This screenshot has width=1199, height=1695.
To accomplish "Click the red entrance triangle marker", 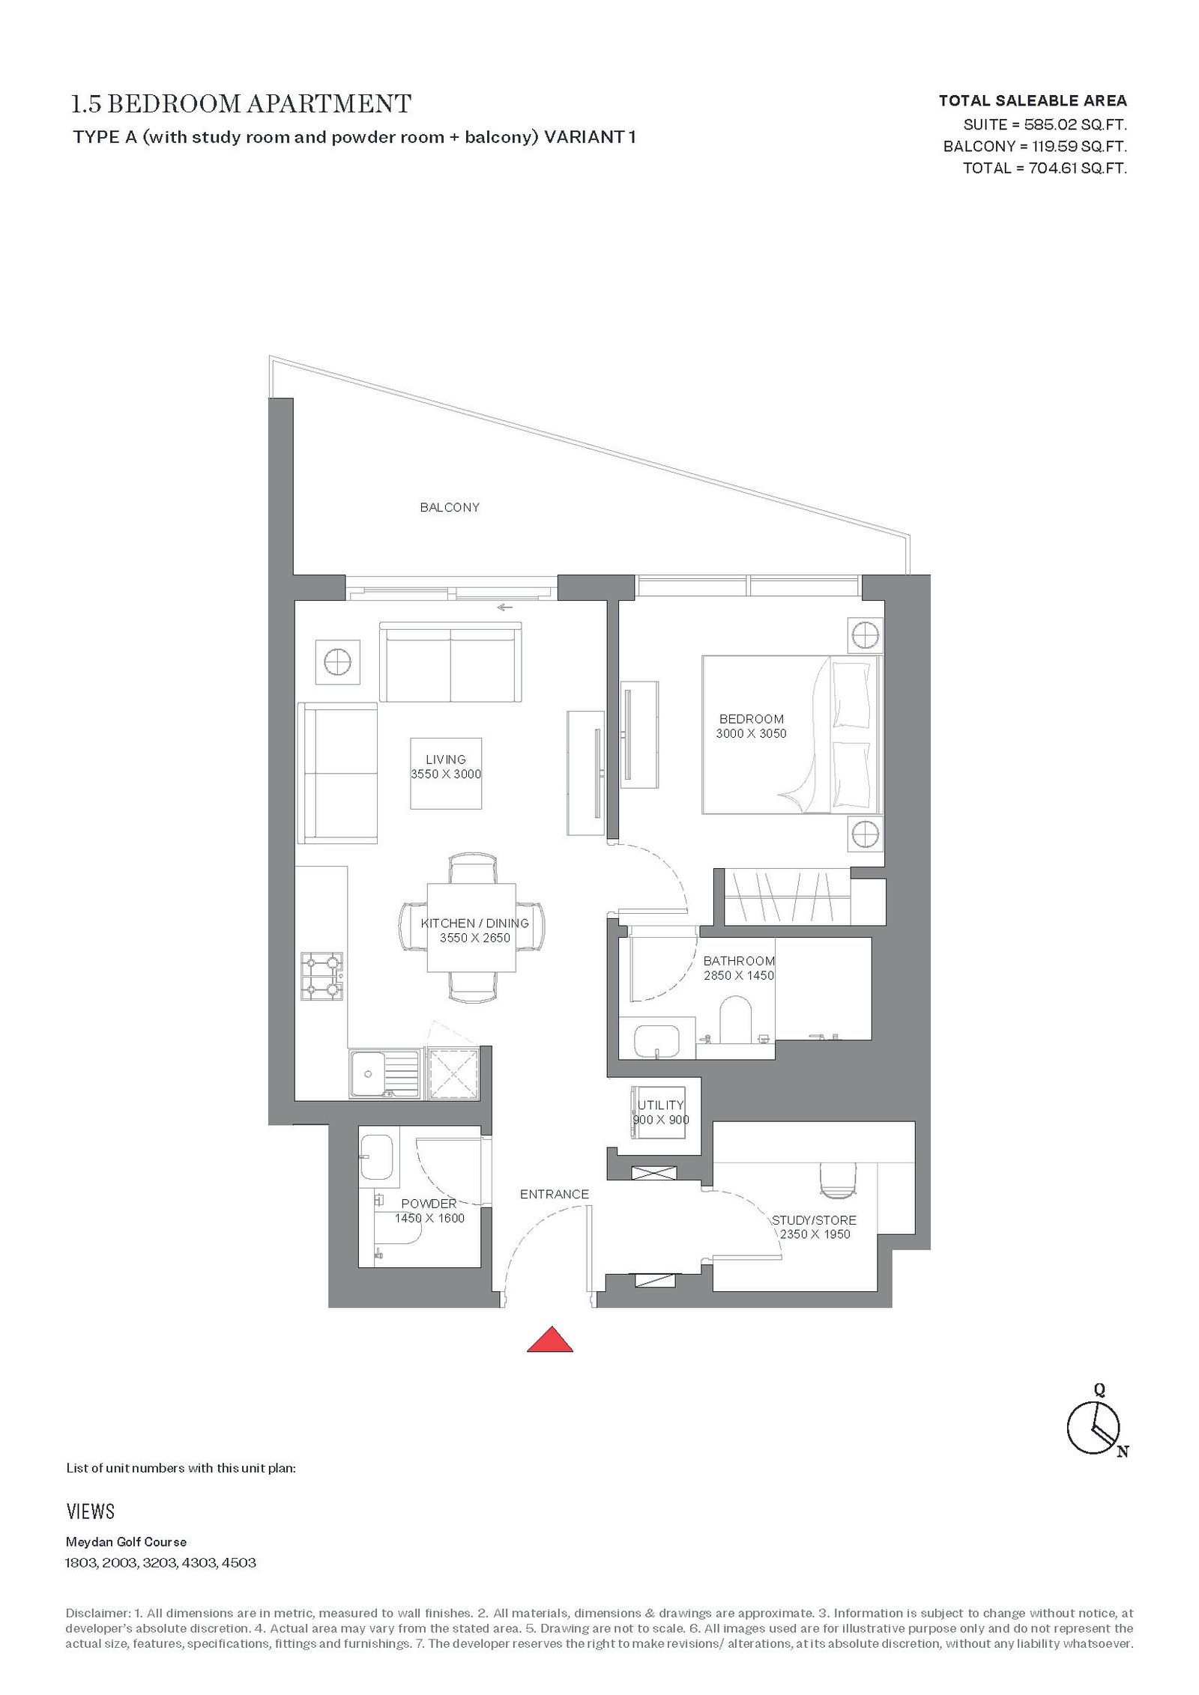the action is pyautogui.click(x=549, y=1338).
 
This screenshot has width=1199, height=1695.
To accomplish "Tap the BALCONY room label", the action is pyautogui.click(x=450, y=507).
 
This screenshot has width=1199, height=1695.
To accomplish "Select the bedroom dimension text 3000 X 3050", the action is pyautogui.click(x=751, y=733).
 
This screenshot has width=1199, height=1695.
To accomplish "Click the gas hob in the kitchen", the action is pyautogui.click(x=321, y=976).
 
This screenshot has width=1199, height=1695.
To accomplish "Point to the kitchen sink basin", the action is pyautogui.click(x=367, y=1073).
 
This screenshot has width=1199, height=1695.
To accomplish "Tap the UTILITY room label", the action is pyautogui.click(x=661, y=1105).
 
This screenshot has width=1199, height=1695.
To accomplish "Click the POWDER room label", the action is pyautogui.click(x=429, y=1204).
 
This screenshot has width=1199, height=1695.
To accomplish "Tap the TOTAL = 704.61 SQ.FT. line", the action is pyautogui.click(x=1045, y=168).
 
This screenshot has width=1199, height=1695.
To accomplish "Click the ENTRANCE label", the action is pyautogui.click(x=555, y=1194).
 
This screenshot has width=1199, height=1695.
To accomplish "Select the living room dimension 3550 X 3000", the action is pyautogui.click(x=446, y=774).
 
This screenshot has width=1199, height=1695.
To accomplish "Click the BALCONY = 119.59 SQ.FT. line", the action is pyautogui.click(x=1035, y=146).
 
